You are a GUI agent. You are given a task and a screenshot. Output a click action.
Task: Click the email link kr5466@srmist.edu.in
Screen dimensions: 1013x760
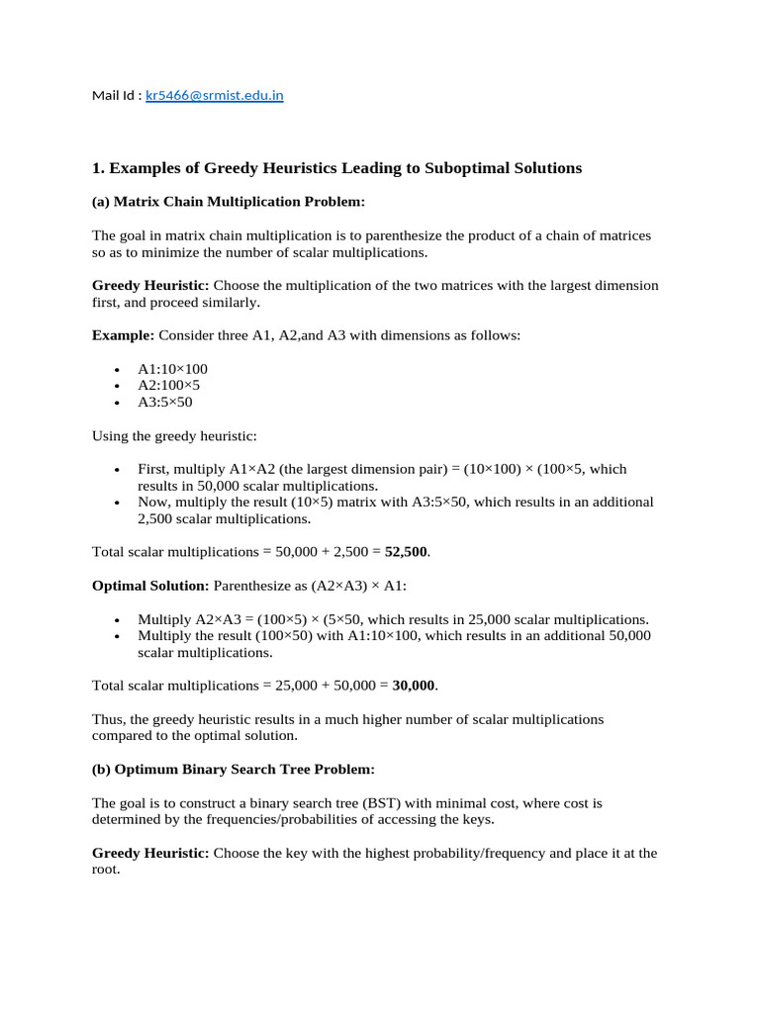(215, 96)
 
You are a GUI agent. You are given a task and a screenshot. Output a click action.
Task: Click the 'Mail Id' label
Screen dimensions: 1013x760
(116, 96)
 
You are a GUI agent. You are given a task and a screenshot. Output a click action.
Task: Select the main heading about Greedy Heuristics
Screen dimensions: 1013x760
(336, 168)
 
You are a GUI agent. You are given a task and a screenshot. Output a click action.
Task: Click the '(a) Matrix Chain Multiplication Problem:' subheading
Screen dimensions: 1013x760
(229, 202)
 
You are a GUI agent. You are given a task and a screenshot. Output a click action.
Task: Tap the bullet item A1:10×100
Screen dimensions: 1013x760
(172, 369)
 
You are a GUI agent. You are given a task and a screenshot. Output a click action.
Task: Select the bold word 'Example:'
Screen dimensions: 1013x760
(124, 335)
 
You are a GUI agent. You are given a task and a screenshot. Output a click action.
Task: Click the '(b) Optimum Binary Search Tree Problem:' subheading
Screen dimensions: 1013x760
(234, 769)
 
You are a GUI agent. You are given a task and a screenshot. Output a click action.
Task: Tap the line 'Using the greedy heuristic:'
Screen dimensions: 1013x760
(174, 436)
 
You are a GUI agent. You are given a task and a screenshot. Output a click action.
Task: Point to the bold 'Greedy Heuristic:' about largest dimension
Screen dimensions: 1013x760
(150, 285)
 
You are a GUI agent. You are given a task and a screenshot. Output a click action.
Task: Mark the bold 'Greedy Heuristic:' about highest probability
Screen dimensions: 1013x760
(150, 853)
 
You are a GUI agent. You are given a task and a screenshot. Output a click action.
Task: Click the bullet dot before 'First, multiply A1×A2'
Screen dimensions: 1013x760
(117, 470)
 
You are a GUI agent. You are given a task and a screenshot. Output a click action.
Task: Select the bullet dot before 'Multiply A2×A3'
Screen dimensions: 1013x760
(117, 619)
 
